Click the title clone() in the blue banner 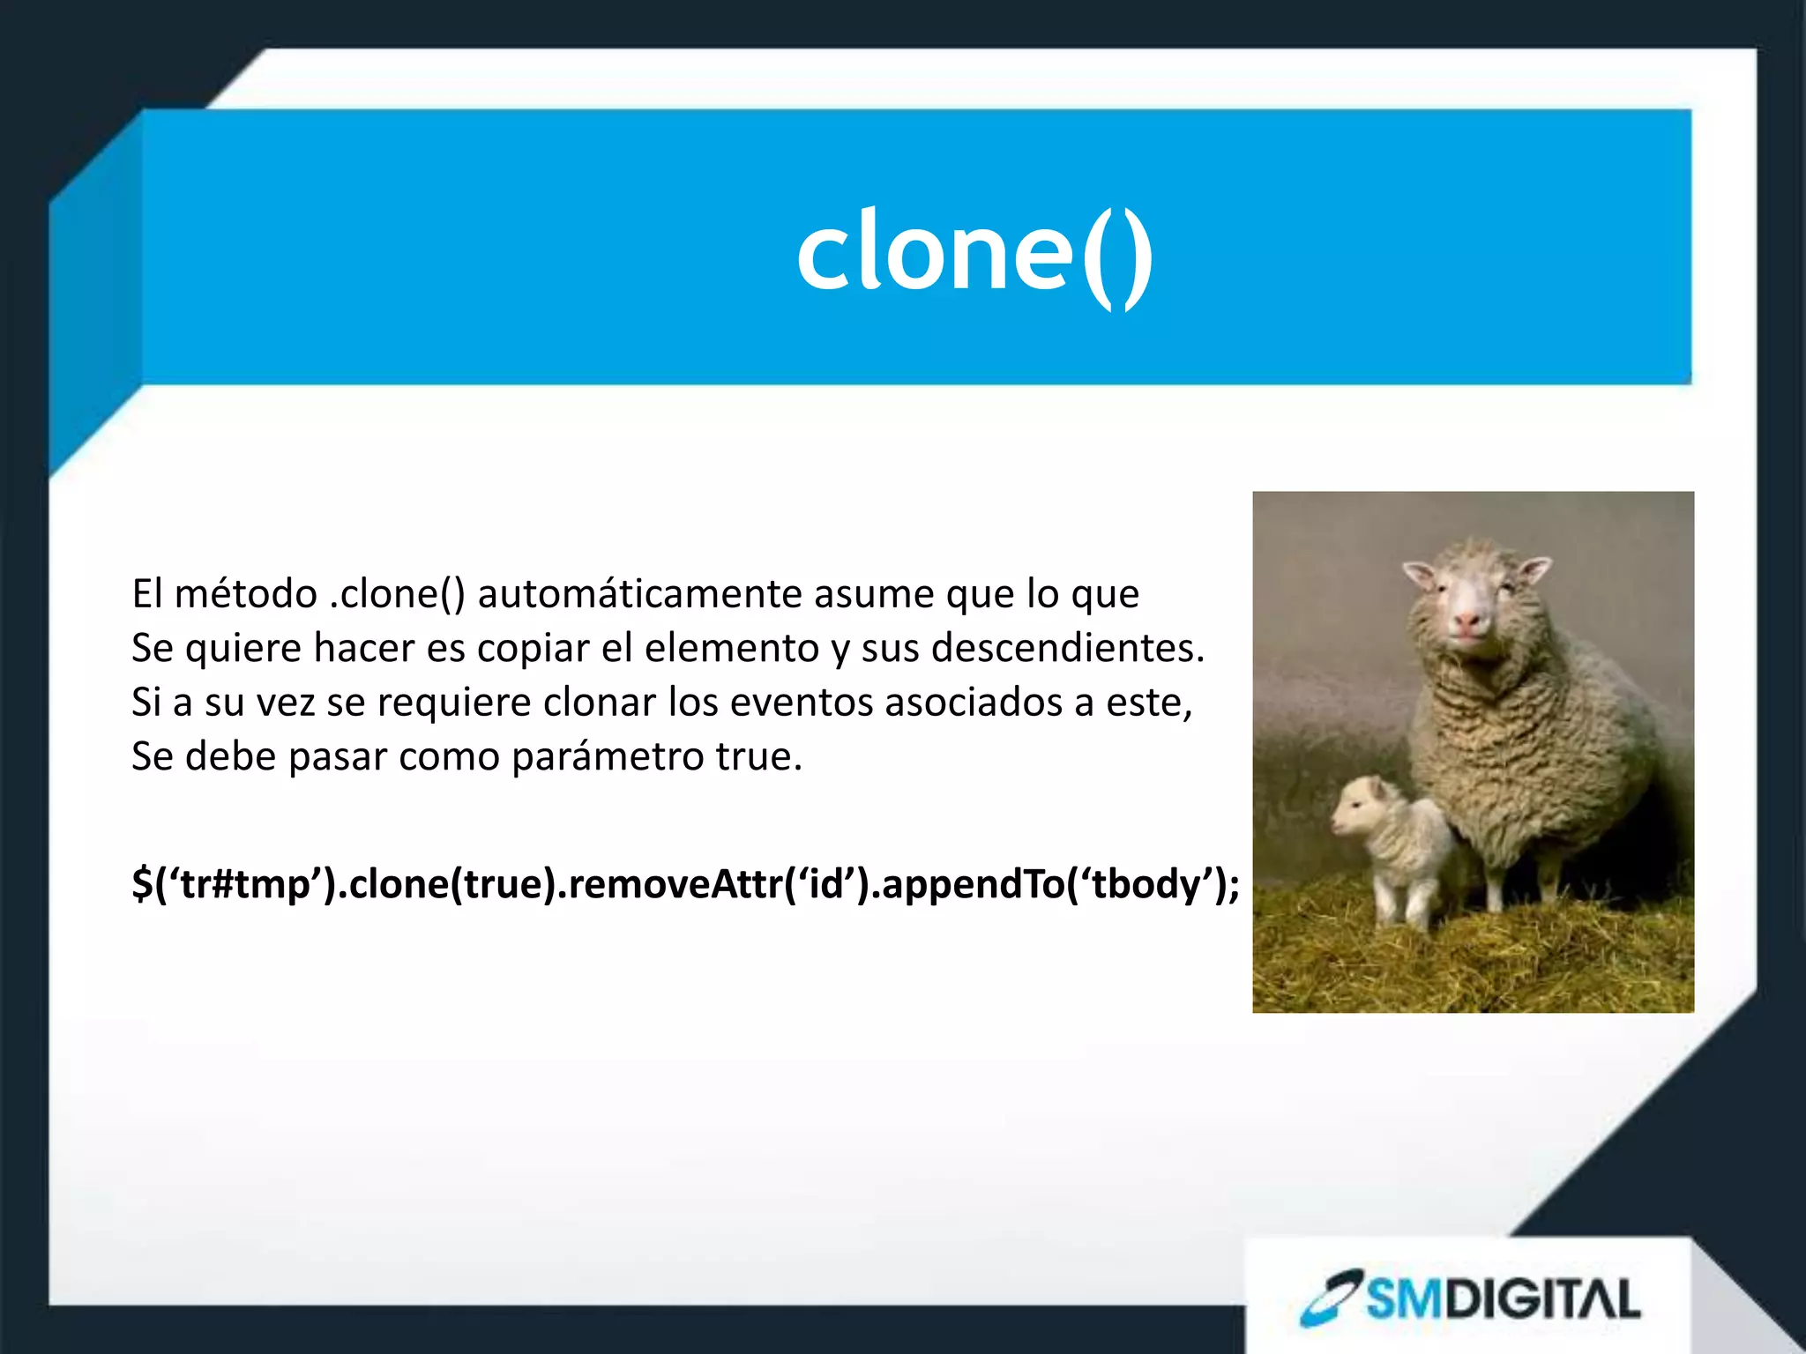click(974, 255)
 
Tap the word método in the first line click(245, 594)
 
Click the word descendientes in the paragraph click(1067, 649)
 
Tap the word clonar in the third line click(599, 703)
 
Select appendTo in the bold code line click(973, 884)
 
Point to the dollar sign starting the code click(142, 884)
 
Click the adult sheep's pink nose click(1467, 621)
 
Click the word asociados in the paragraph click(974, 703)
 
